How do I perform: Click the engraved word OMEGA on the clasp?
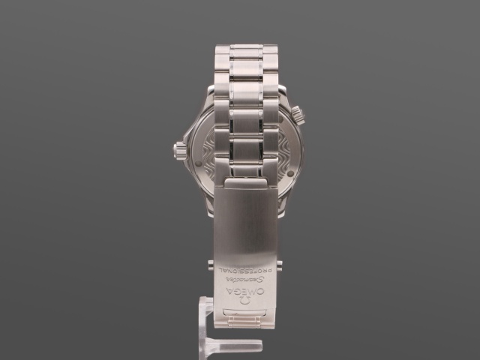[x=245, y=290]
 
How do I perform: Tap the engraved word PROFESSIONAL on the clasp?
[x=245, y=270]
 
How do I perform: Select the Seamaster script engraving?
[x=245, y=280]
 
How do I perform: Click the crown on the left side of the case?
[x=180, y=150]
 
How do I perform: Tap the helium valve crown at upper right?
[x=298, y=115]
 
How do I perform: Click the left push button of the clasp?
[x=211, y=265]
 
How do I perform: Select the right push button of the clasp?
[x=280, y=265]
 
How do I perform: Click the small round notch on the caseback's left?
[x=198, y=163]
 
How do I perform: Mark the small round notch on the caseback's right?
[x=290, y=173]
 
